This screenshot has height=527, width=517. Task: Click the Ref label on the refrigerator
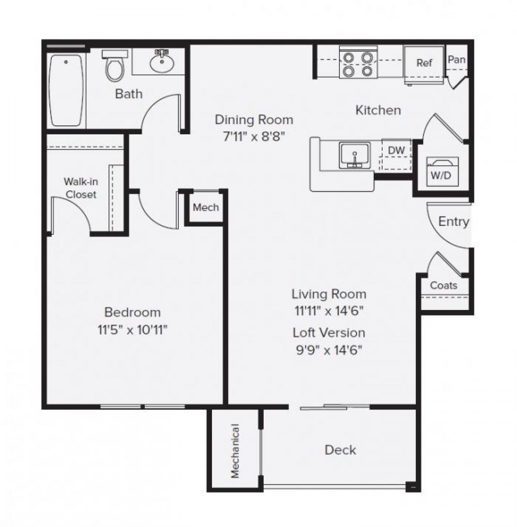[424, 63]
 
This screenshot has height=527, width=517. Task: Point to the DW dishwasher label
[396, 151]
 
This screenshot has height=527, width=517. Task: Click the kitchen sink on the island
[355, 155]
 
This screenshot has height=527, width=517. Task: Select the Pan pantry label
[456, 59]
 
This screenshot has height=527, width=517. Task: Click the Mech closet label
[206, 208]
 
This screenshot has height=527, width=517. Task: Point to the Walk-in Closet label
[81, 188]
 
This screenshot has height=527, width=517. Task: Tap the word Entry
[453, 222]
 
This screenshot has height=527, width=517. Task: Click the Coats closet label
[444, 285]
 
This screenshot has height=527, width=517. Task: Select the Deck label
[340, 450]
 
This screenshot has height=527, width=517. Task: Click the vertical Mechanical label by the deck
[235, 451]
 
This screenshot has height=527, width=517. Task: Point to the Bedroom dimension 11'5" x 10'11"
[132, 330]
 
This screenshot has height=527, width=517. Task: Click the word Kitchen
[378, 110]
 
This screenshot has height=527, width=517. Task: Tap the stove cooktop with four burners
[355, 63]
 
